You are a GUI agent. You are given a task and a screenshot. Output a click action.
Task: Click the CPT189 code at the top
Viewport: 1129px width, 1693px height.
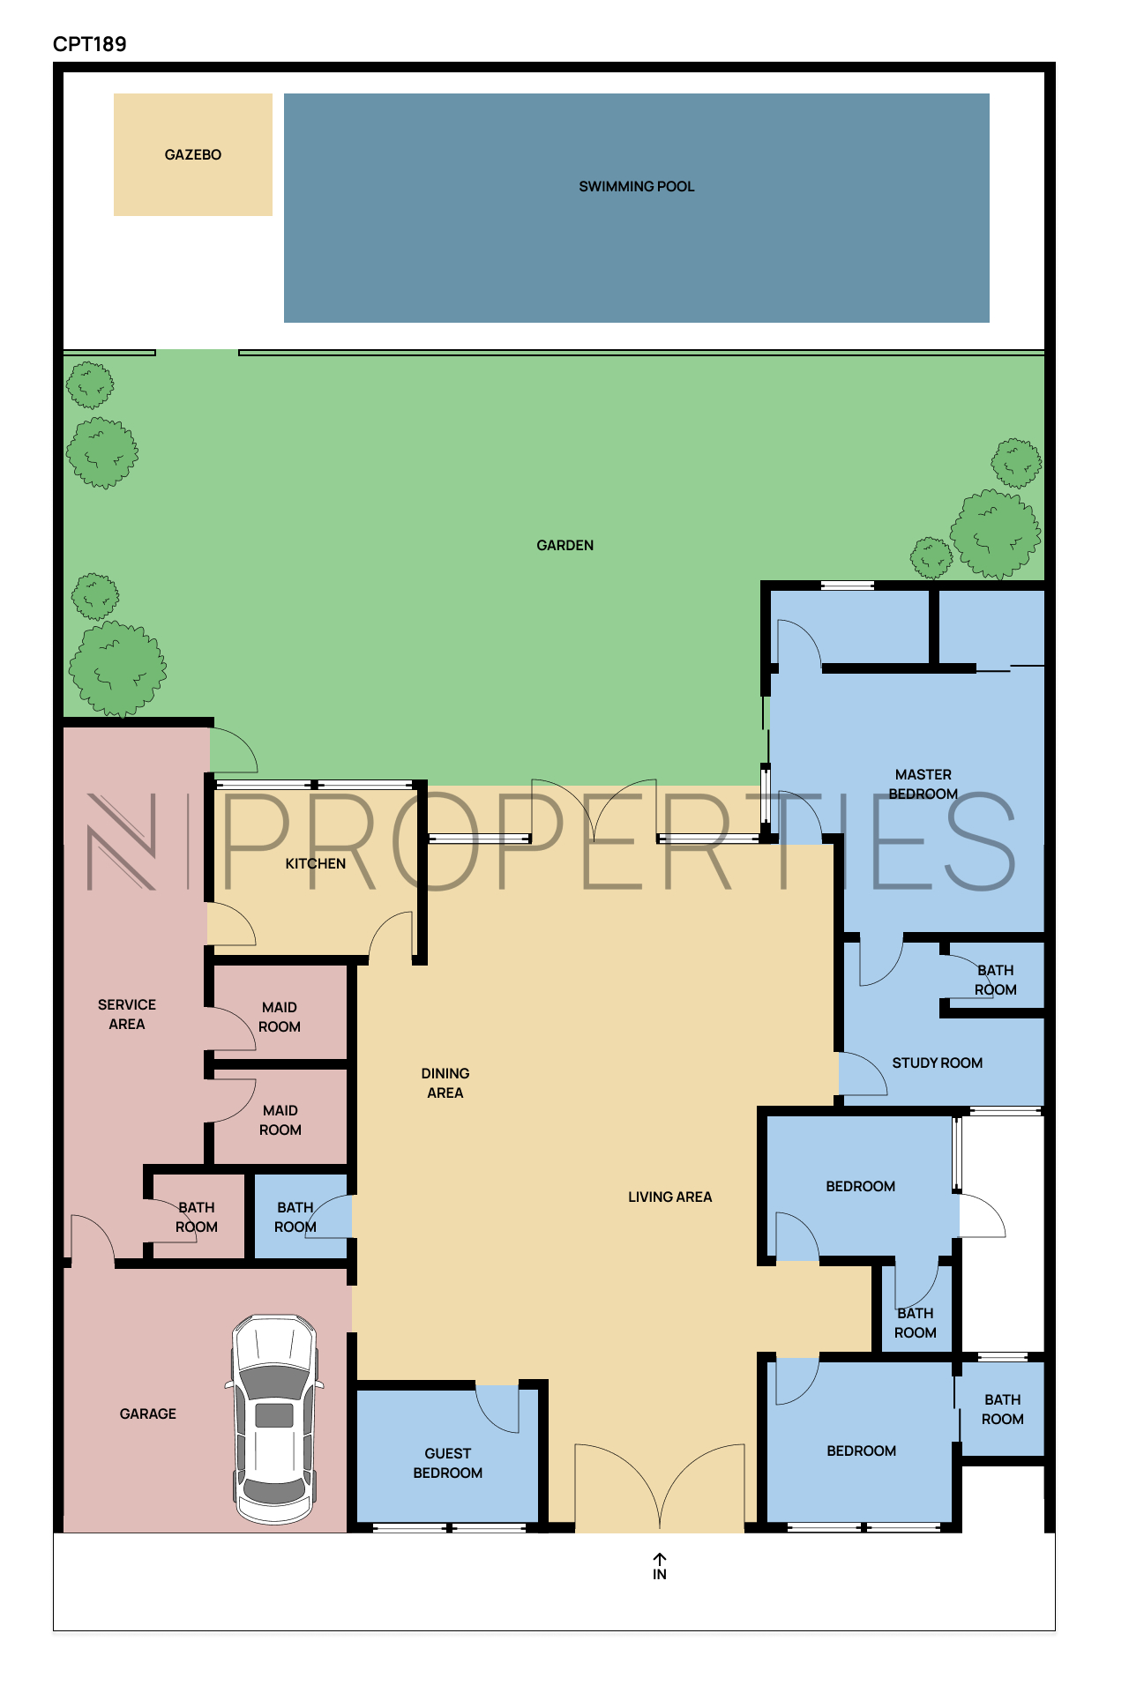pos(89,44)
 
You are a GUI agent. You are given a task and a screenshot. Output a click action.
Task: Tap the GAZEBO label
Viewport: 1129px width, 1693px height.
pos(193,154)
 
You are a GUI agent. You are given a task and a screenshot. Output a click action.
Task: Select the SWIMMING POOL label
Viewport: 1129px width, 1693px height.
pos(637,186)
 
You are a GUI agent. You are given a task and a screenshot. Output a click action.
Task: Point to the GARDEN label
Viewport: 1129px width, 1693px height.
pos(565,545)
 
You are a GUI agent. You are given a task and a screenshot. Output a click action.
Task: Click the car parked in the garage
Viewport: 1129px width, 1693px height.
pos(274,1419)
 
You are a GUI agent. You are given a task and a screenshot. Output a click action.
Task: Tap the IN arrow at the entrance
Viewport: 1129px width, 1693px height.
pos(660,1560)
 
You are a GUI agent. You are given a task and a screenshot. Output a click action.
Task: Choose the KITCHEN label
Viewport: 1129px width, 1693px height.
pos(316,863)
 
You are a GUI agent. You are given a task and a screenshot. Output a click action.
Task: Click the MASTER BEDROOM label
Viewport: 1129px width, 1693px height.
pos(923,784)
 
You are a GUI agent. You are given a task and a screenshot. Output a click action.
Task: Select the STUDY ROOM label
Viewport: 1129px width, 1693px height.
pos(938,1063)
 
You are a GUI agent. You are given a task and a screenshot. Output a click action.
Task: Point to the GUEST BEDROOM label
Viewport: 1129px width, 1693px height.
pos(448,1463)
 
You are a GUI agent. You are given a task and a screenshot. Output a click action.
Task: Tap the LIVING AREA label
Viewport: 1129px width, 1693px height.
pos(670,1197)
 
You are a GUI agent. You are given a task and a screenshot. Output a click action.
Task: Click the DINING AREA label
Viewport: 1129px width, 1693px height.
pos(445,1083)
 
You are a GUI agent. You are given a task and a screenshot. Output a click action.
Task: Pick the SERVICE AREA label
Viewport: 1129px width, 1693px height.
pos(127,1014)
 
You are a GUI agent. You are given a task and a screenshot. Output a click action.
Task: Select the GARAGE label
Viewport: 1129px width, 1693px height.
pos(148,1413)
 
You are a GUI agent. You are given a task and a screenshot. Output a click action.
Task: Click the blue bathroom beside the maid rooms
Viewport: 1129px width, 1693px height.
pos(301,1216)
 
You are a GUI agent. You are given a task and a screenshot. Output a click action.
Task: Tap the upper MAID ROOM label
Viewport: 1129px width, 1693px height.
pos(280,1017)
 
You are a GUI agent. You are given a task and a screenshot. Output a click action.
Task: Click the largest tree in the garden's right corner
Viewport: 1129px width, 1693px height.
pos(996,534)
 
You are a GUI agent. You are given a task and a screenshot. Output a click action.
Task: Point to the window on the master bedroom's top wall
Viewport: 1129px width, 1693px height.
pos(848,585)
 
